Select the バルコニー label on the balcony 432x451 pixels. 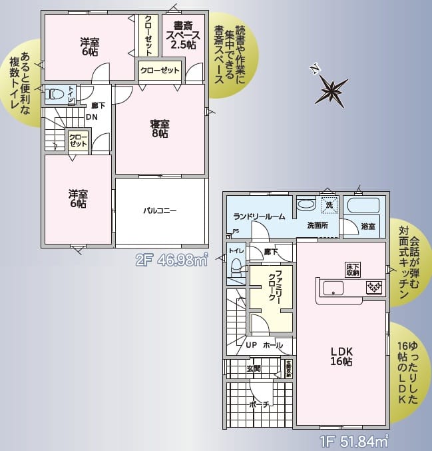coord(160,211)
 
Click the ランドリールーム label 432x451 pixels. coord(260,217)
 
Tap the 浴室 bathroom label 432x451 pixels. coord(368,226)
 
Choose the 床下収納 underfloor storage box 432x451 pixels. coord(353,269)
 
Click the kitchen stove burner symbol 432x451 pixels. coord(373,288)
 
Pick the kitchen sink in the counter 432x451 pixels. coord(332,288)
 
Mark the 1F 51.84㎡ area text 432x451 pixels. coord(353,441)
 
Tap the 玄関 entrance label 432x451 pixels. coord(254,368)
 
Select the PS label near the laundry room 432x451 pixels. coord(236,232)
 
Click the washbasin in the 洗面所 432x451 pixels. coord(306,205)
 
